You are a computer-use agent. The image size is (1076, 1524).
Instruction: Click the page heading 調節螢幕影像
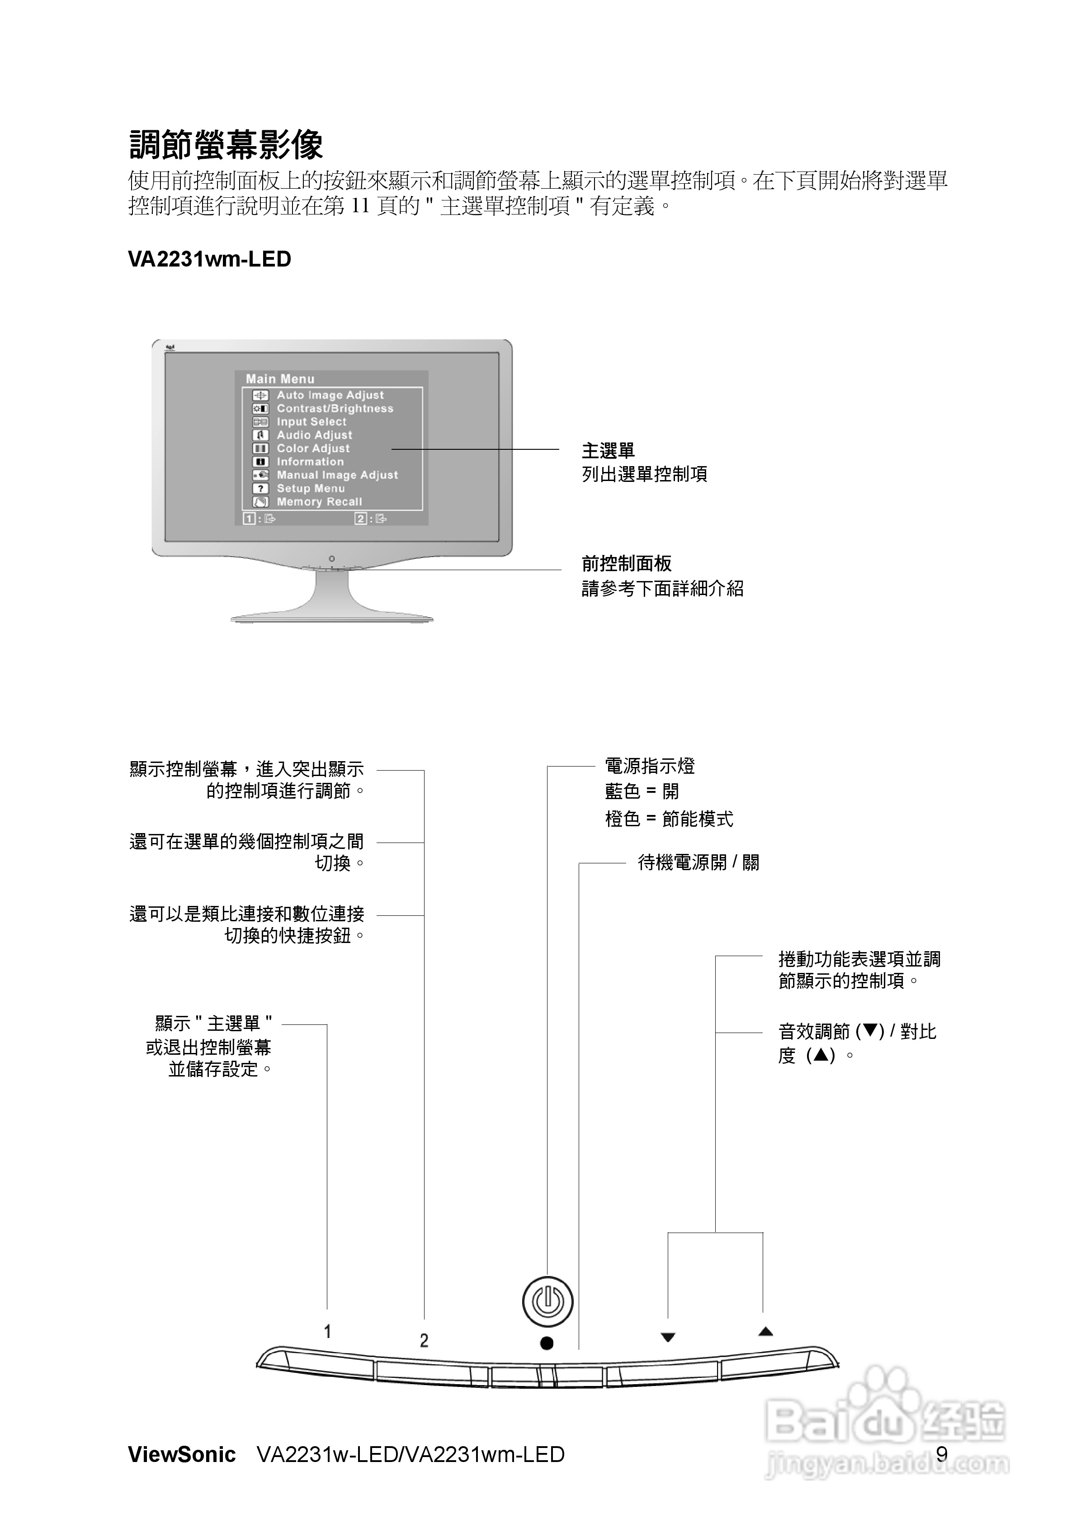pyautogui.click(x=226, y=145)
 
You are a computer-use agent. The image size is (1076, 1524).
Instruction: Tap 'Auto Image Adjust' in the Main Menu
pyautogui.click(x=330, y=395)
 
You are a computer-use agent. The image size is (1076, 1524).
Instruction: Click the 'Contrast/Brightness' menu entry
pyautogui.click(x=335, y=408)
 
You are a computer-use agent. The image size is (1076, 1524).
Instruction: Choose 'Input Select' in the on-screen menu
pyautogui.click(x=311, y=421)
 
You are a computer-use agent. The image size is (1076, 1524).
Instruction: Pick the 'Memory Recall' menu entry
pyautogui.click(x=319, y=502)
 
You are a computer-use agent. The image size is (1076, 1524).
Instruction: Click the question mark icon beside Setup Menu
pyautogui.click(x=261, y=489)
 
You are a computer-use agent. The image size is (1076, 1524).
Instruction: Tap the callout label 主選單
pyautogui.click(x=608, y=451)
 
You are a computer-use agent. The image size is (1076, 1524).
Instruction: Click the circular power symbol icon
pyautogui.click(x=547, y=1301)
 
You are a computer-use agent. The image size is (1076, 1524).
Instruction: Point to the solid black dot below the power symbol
pyautogui.click(x=547, y=1343)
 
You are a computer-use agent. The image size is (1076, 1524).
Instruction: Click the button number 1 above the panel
pyautogui.click(x=327, y=1332)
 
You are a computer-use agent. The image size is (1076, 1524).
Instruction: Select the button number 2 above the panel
pyautogui.click(x=424, y=1341)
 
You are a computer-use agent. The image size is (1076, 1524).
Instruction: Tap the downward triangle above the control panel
pyautogui.click(x=668, y=1338)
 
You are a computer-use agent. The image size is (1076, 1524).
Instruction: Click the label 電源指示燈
pyautogui.click(x=650, y=766)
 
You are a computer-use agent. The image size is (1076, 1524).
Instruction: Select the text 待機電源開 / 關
pyautogui.click(x=698, y=862)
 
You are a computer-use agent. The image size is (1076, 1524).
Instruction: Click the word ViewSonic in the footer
pyautogui.click(x=182, y=1455)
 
